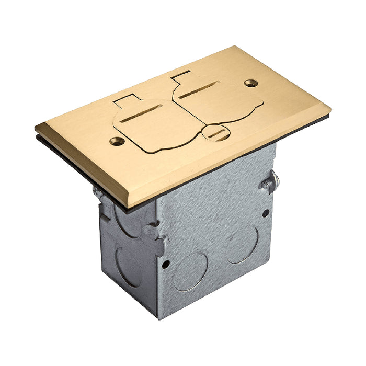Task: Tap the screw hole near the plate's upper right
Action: pyautogui.click(x=250, y=83)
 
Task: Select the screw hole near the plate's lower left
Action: pyautogui.click(x=117, y=141)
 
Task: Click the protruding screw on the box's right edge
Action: pyautogui.click(x=271, y=182)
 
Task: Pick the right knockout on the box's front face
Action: pyautogui.click(x=242, y=245)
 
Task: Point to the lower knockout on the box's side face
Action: pyautogui.click(x=129, y=267)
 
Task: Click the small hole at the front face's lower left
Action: pyautogui.click(x=165, y=265)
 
